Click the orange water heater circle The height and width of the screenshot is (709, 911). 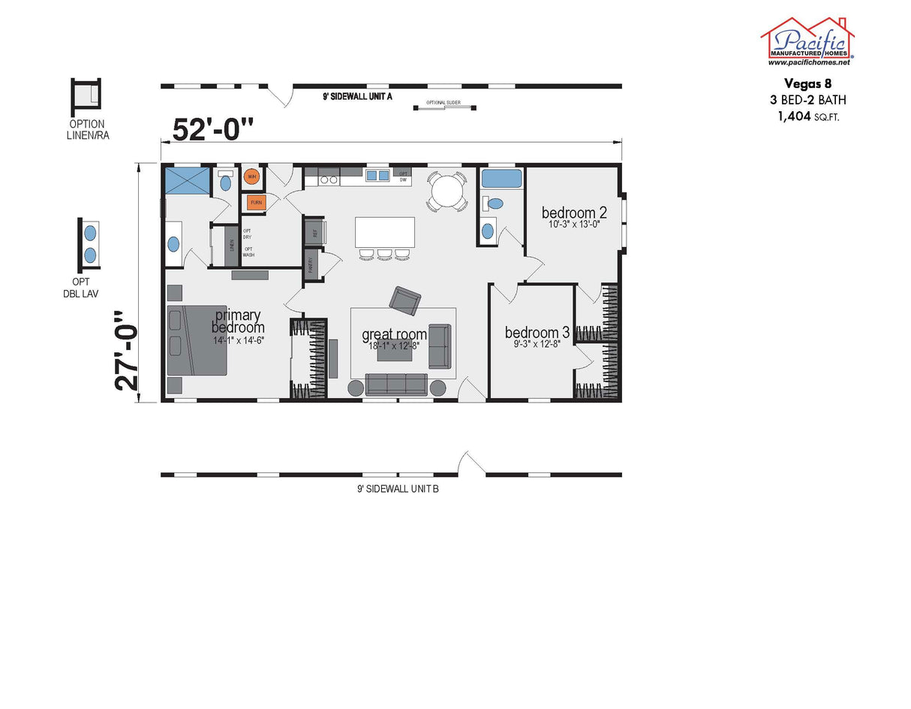[252, 177]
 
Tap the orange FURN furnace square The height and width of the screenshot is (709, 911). [256, 203]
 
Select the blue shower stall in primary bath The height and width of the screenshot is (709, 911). [188, 180]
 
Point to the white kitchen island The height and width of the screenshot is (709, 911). [384, 232]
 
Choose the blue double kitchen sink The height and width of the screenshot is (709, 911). [377, 176]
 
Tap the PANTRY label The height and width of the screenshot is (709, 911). [310, 264]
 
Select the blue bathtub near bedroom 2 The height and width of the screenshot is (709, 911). [501, 179]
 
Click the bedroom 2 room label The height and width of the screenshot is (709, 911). [574, 213]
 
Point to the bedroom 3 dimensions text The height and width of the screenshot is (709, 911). [537, 345]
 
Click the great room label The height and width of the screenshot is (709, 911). [394, 334]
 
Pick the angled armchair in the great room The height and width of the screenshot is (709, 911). [404, 300]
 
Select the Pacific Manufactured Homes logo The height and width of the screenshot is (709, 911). [807, 41]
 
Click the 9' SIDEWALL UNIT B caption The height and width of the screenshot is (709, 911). [398, 489]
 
